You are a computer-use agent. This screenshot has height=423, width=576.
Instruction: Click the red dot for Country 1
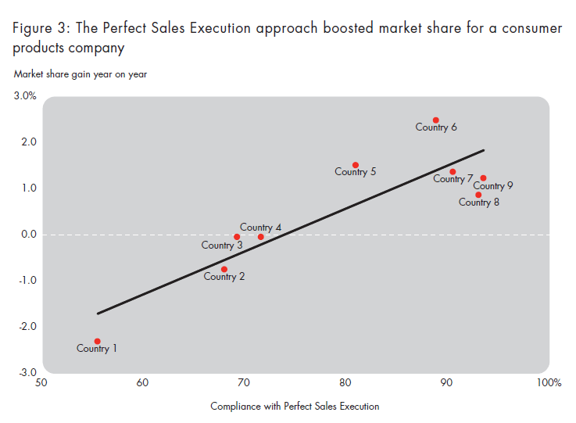point(97,341)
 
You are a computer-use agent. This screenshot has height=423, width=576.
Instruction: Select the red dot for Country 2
point(224,269)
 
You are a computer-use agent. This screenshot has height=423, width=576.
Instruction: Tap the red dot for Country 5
point(356,165)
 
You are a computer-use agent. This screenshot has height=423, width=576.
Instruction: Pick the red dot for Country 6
point(436,120)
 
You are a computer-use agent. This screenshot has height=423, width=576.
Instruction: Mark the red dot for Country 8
point(478,195)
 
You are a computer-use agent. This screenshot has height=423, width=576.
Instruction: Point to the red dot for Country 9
point(483,178)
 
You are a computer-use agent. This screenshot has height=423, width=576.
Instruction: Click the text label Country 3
point(222,246)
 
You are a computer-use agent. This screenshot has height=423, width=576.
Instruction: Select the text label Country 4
point(260,228)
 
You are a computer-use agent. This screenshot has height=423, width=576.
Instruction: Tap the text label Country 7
point(453,179)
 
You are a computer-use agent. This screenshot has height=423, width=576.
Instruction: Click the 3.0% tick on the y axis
point(24,97)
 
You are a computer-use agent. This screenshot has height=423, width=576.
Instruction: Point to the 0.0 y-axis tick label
point(27,234)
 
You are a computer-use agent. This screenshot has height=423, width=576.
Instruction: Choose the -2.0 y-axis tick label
point(25,326)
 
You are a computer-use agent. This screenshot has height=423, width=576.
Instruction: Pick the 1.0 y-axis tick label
point(27,188)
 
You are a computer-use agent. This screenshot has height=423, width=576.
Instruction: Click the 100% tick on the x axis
point(549,383)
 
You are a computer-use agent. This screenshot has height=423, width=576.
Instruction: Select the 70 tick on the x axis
point(244,383)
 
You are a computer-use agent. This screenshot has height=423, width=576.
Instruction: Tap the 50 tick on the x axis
point(41,383)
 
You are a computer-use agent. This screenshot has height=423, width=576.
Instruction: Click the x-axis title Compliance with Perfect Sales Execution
point(295,406)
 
